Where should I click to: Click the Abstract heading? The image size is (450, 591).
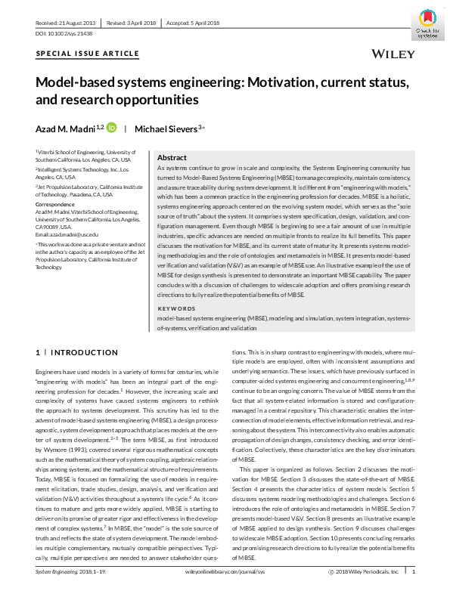coord(172,157)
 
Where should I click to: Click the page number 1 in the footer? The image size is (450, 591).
coord(414,574)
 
